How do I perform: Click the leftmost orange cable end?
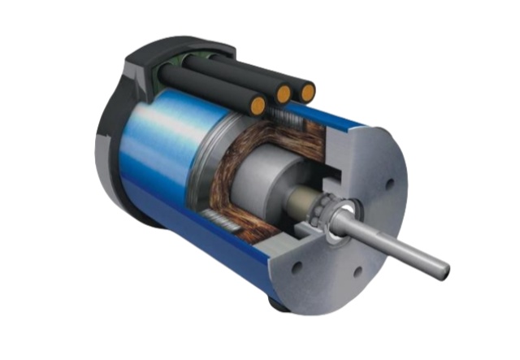(x=258, y=105)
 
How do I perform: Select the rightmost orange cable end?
(x=306, y=92)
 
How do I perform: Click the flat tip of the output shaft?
(x=442, y=266)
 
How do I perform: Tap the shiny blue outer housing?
(x=162, y=146)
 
